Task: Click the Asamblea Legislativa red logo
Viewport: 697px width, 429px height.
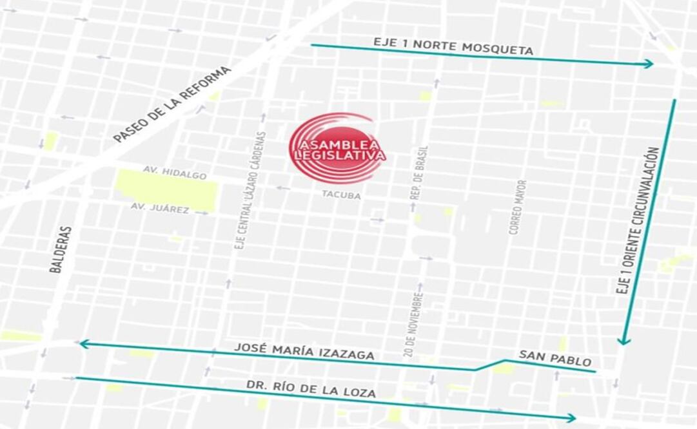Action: pyautogui.click(x=337, y=148)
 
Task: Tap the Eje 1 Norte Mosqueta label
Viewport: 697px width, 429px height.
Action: pyautogui.click(x=453, y=46)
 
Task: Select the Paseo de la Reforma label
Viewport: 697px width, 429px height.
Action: pyautogui.click(x=172, y=104)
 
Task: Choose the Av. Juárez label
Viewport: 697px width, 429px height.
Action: pyautogui.click(x=160, y=208)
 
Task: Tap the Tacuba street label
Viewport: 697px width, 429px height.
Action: pyautogui.click(x=341, y=193)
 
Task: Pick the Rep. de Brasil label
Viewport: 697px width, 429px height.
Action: pyautogui.click(x=424, y=171)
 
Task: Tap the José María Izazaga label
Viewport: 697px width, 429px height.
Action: pyautogui.click(x=304, y=351)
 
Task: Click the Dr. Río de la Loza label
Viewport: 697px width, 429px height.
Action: pyautogui.click(x=311, y=388)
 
